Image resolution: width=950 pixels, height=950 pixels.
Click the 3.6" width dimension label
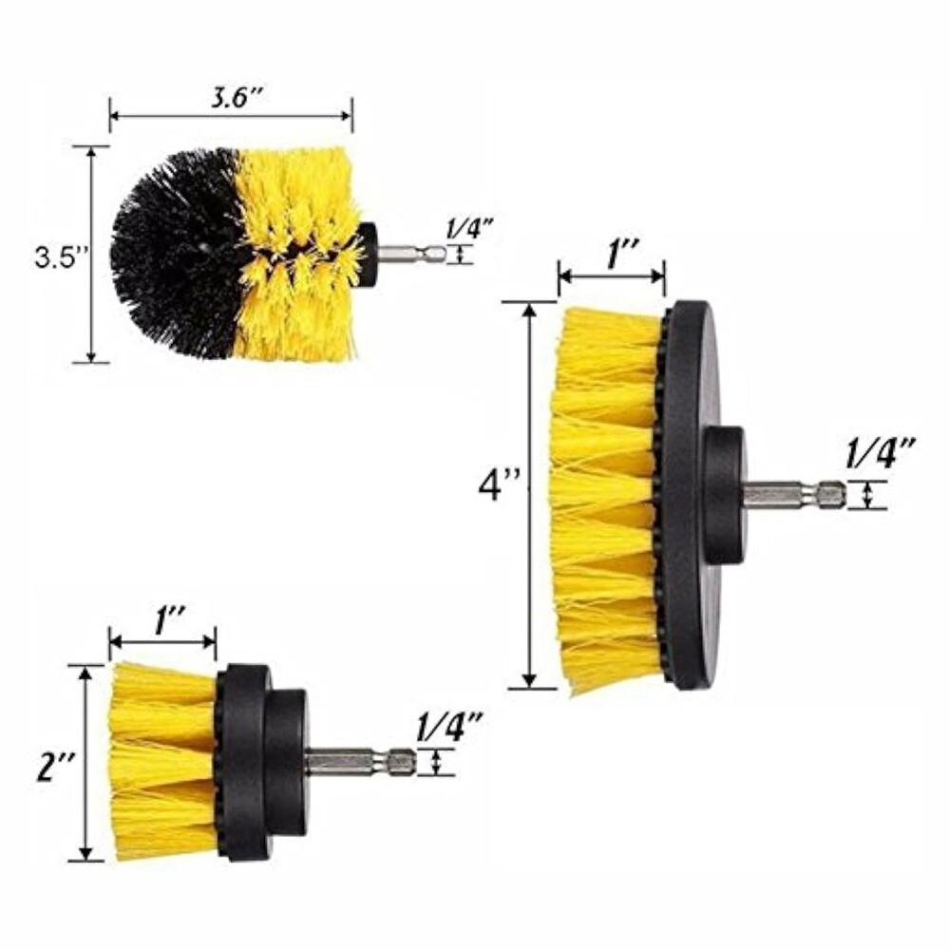pos(230,97)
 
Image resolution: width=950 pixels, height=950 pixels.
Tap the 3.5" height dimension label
pos(58,257)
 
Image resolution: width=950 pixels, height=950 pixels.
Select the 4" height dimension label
pos(499,485)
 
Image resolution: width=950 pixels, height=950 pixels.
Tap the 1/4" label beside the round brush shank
pos(468,230)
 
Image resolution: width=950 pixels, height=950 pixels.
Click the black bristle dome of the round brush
pos(176,255)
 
